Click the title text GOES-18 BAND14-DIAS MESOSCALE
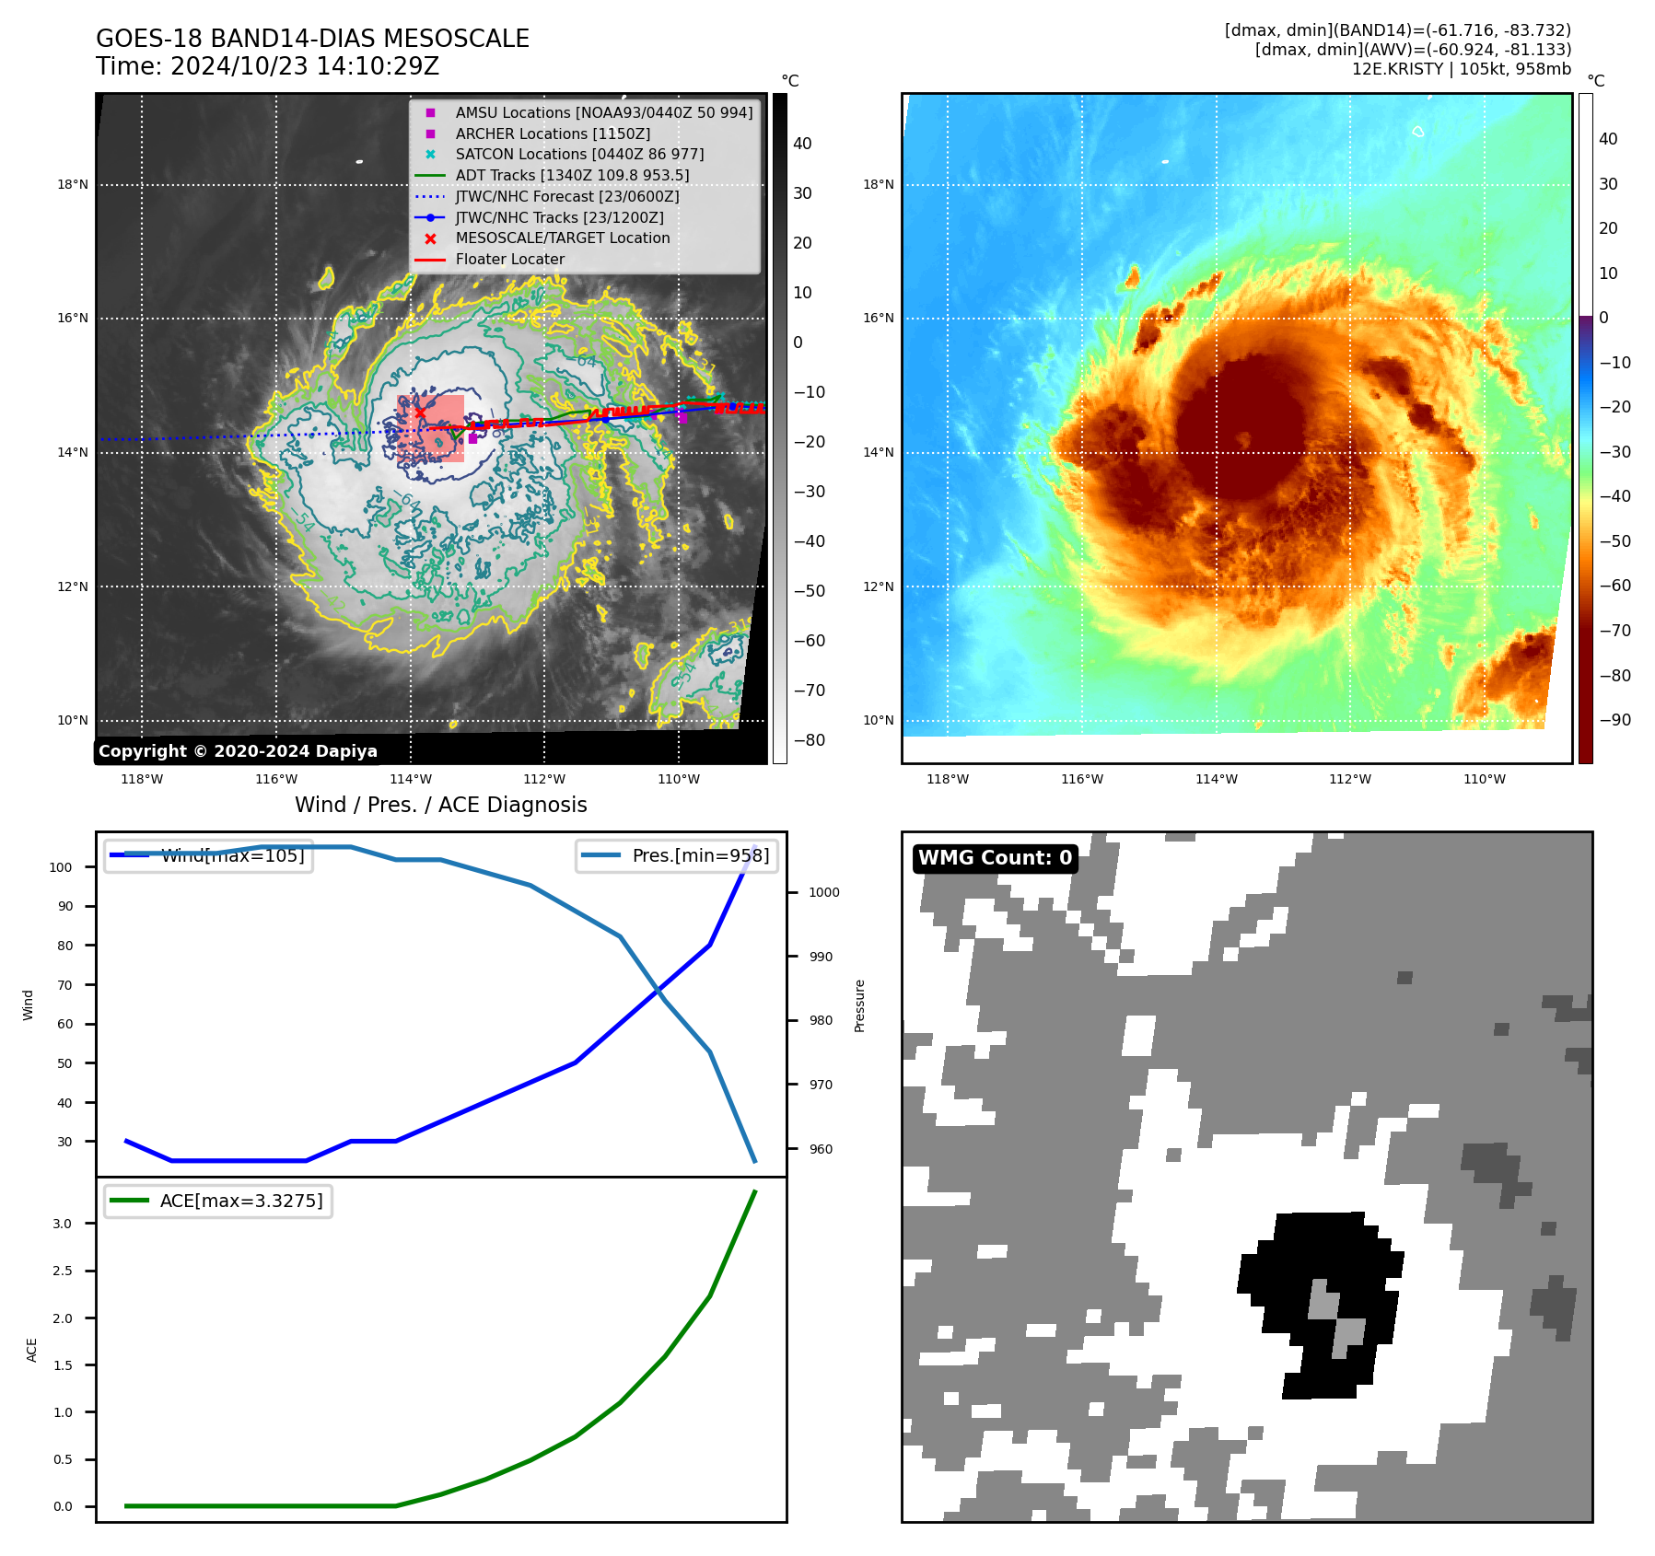coord(312,39)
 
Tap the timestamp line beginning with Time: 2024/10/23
coord(267,66)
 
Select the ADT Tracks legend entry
coord(571,175)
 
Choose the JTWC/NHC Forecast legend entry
coord(566,196)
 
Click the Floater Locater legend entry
coord(509,259)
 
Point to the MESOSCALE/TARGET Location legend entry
coord(562,238)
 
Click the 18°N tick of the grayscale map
coord(73,184)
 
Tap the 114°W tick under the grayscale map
coord(410,779)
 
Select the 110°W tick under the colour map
coord(1485,779)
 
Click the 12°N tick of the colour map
coord(878,586)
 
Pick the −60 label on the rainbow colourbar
coord(1614,586)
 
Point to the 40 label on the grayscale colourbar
coord(802,144)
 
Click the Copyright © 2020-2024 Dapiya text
coord(238,751)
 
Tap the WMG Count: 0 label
coord(995,858)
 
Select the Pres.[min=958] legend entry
coord(700,855)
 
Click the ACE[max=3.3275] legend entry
coord(241,1201)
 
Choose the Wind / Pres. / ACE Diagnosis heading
coord(440,805)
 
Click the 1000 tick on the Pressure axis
coord(823,892)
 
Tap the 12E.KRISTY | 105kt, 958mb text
coord(1461,69)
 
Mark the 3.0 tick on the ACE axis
coord(63,1224)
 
